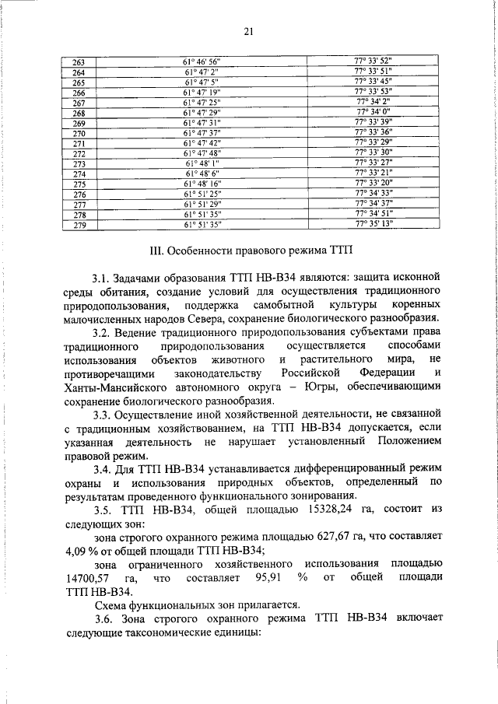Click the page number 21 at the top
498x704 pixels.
pyautogui.click(x=249, y=31)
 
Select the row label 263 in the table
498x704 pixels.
pyautogui.click(x=78, y=62)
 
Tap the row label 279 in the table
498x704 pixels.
pyautogui.click(x=78, y=225)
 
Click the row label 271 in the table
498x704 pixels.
pyautogui.click(x=78, y=143)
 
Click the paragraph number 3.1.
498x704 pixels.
pyautogui.click(x=103, y=278)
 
